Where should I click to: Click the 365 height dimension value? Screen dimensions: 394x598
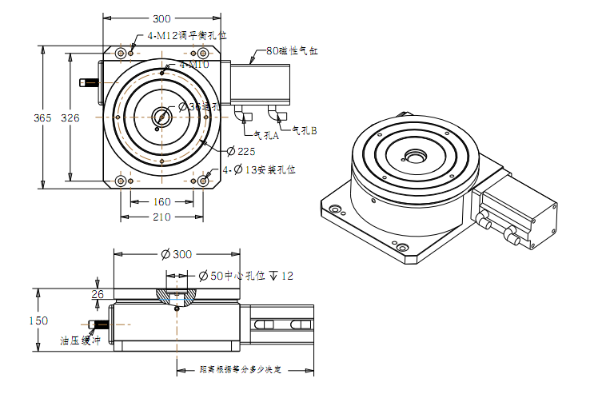(x=42, y=117)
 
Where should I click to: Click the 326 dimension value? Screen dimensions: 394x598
(x=70, y=117)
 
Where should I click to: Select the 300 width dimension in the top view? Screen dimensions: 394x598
(x=161, y=18)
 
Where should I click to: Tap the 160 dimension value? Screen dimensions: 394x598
(x=161, y=202)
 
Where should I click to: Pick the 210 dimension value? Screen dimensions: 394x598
(x=161, y=217)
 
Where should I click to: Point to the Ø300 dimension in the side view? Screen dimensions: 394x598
(x=177, y=254)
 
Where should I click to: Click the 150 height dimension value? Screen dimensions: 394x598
(x=37, y=320)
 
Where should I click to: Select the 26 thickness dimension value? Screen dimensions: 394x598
(x=98, y=294)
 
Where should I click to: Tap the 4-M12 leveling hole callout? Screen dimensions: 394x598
(x=187, y=36)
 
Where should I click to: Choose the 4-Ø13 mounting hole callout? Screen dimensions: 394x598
(x=259, y=169)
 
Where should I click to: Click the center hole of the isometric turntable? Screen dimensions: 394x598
(x=416, y=155)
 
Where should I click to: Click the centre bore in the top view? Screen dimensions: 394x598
(x=161, y=117)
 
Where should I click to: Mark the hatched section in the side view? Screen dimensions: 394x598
(x=177, y=297)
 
